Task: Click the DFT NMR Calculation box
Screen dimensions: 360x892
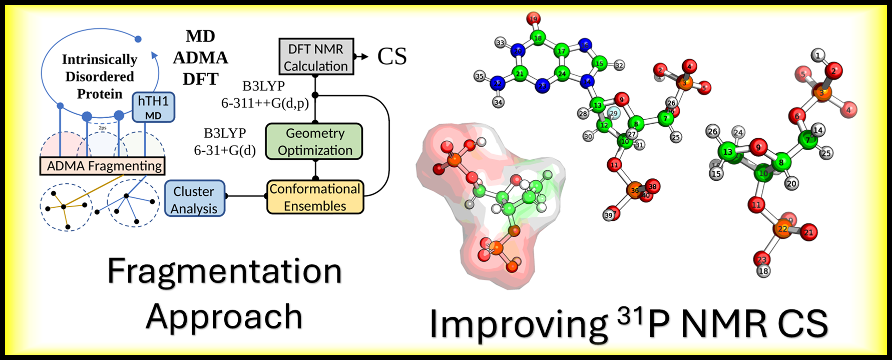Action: click(x=316, y=57)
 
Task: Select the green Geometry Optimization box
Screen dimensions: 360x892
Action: click(x=314, y=142)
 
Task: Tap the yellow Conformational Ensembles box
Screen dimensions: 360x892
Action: click(x=315, y=197)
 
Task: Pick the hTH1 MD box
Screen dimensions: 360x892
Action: click(x=153, y=107)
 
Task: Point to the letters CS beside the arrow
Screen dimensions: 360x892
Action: click(x=392, y=57)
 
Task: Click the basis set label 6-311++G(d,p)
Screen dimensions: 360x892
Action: click(x=265, y=103)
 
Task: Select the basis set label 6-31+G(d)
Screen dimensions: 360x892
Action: click(x=225, y=150)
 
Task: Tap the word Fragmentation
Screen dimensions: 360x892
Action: click(x=224, y=272)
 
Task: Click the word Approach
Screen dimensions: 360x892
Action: click(x=224, y=317)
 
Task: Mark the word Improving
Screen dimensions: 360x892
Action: click(x=518, y=324)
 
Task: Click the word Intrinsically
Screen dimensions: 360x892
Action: click(x=99, y=60)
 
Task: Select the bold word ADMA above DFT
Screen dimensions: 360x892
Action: click(x=200, y=58)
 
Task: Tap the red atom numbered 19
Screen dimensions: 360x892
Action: click(x=534, y=20)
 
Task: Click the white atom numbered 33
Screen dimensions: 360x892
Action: click(x=500, y=43)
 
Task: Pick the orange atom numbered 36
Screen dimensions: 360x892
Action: click(x=634, y=190)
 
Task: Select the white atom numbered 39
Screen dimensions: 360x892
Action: click(x=609, y=215)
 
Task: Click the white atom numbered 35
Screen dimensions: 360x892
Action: click(x=480, y=76)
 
